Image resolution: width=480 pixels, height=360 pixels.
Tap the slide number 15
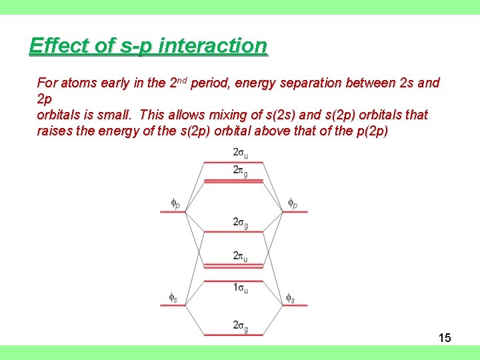(x=445, y=338)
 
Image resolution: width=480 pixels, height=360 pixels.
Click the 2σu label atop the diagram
(x=240, y=153)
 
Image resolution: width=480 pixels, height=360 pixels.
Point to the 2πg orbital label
(x=240, y=170)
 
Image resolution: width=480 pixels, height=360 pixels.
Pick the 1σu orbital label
(x=240, y=288)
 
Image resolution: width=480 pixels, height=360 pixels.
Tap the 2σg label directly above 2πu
(x=240, y=222)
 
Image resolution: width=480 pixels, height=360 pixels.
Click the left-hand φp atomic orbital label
(x=175, y=203)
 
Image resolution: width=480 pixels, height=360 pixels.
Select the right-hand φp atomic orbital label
(x=293, y=203)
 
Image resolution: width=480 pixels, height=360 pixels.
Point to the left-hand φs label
(x=173, y=297)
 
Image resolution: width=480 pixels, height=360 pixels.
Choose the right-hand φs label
(x=290, y=297)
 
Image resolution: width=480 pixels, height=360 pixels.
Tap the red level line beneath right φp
(x=294, y=212)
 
